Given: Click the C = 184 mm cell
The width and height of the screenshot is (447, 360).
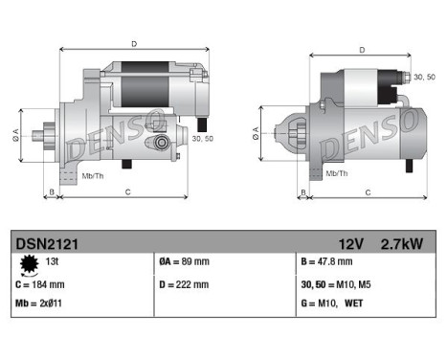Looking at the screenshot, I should [x=43, y=284].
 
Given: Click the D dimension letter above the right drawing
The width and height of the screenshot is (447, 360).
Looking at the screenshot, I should [x=361, y=50].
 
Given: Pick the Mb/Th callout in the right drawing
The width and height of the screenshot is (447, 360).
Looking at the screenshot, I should [x=336, y=172].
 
